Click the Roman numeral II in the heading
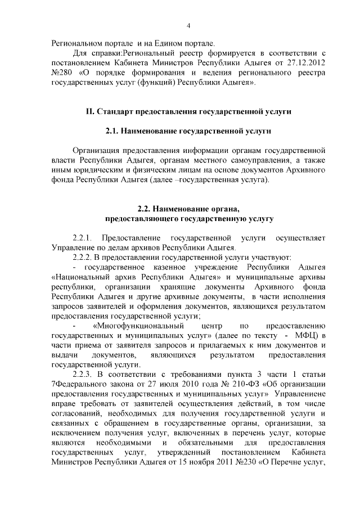tap(89, 112)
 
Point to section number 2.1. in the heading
tap(115, 132)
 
